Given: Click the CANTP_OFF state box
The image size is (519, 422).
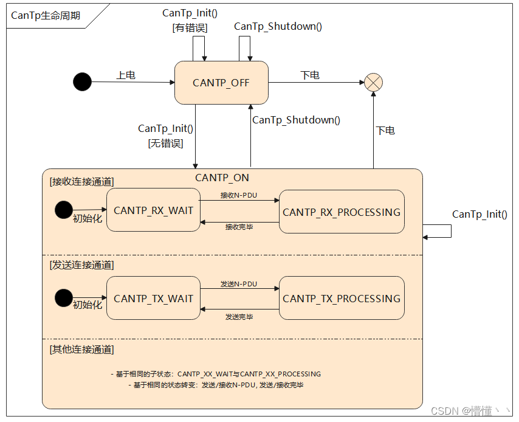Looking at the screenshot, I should pos(221,83).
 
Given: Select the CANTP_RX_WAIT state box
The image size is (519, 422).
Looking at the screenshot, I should pos(153,210).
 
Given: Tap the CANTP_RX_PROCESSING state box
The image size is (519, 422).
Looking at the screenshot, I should pos(342,212).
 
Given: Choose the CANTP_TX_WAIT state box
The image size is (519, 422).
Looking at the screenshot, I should pos(153,299).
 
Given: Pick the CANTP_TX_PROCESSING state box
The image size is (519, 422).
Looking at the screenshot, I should pos(342,299).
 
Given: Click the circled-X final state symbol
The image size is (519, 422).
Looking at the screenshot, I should pos(373,83).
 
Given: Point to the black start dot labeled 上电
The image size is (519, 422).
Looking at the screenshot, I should pos(82,81).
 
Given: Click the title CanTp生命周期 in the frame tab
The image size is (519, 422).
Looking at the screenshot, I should pos(46,16).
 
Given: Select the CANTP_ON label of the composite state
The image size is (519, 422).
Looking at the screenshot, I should pos(222,178).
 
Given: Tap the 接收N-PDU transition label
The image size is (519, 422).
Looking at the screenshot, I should pos(239,195).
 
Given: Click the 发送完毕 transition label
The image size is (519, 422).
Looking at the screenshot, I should pos(239,316).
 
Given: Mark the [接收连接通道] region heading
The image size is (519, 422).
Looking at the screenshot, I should pos(81,181).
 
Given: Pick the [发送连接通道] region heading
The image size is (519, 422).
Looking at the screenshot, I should pos(81,265).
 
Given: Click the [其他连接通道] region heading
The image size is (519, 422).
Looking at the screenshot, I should pos(81,349).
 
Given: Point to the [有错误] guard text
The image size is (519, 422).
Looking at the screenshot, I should pos(190,27).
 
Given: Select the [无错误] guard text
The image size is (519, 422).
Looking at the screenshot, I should pos(165,144).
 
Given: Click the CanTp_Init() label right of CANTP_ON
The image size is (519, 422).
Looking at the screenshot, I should pos(479,214).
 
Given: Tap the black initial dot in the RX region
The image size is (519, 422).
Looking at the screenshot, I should pos(63,210).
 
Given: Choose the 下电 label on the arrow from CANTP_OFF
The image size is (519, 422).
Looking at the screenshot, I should pos(310,75).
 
